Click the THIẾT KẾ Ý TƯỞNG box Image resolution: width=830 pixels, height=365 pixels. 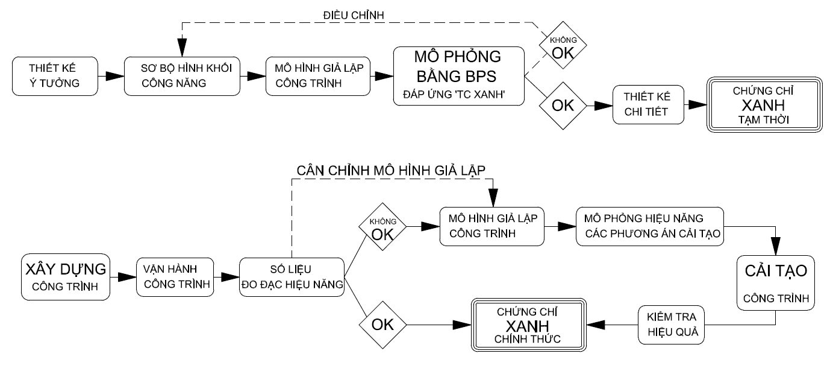pos(54,77)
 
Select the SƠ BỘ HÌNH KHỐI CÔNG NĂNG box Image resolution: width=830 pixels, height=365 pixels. pos(181,77)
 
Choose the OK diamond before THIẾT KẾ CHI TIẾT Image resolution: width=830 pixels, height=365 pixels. pos(563,105)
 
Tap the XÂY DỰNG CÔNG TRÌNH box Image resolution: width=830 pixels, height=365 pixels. pos(66,276)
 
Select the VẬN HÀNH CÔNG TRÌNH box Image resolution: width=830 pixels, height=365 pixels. pos(175,276)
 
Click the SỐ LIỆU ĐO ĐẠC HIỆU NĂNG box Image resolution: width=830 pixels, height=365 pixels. pos(292,276)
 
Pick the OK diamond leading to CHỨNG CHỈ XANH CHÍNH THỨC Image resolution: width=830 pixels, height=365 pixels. pos(382,324)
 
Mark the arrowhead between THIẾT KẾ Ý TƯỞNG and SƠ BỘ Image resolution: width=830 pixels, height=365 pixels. pos(112,77)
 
